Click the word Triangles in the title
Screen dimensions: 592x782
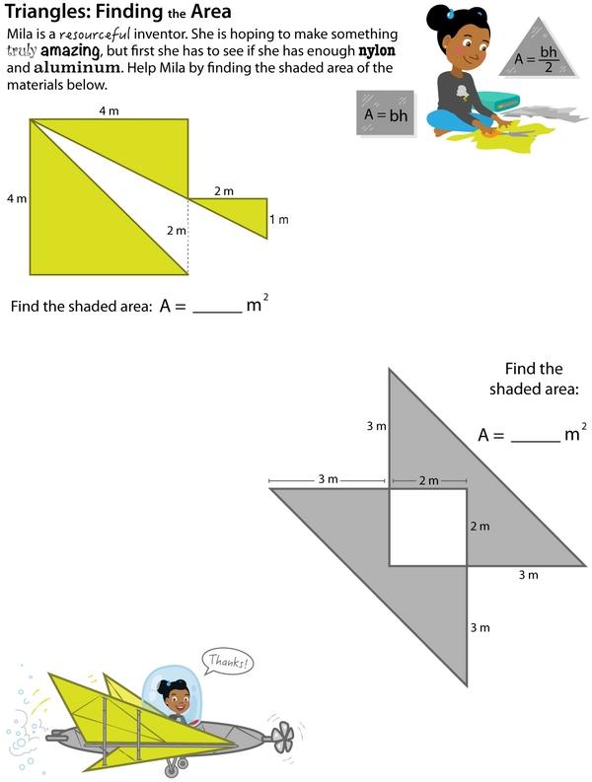47,12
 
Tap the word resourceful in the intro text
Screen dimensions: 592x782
95,35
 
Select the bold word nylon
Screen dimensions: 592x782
377,51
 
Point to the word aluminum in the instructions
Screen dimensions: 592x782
77,67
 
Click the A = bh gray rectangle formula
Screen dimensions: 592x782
386,113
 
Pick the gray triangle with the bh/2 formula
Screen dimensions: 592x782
539,47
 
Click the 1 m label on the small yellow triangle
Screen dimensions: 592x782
279,220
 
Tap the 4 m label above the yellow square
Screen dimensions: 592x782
109,110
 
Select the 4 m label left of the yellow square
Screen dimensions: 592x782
17,198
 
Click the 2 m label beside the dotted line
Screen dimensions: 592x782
177,231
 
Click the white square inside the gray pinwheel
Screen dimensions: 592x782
428,528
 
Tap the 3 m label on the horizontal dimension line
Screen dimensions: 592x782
328,479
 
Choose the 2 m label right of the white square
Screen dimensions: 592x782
480,527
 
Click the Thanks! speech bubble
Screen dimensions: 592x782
228,662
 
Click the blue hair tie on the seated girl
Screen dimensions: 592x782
450,14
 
